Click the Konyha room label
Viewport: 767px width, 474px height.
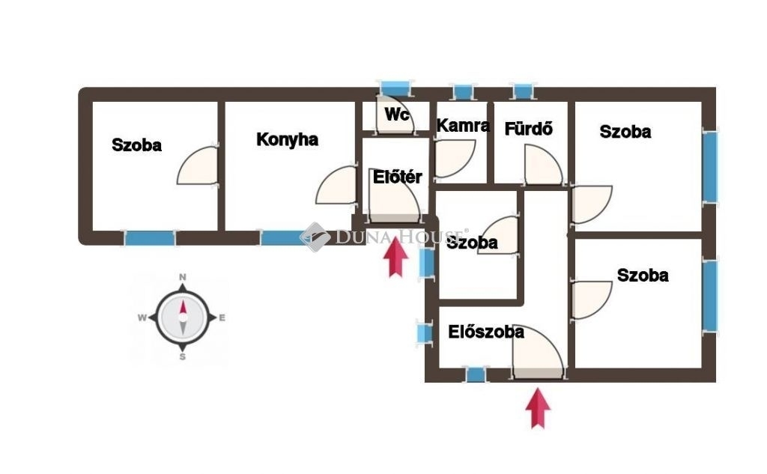287,139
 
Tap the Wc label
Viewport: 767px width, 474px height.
397,115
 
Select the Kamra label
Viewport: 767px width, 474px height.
463,126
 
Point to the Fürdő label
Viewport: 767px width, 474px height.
528,128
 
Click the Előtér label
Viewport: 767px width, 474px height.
398,177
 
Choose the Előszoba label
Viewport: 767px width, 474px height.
486,332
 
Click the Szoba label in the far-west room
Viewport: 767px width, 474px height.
136,145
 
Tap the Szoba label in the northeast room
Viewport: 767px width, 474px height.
625,132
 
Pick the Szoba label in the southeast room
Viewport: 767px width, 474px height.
643,276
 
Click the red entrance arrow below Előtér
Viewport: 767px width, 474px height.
395,258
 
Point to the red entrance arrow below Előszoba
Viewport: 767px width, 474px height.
538,409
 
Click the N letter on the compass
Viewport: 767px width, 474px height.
182,278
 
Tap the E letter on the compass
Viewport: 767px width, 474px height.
222,317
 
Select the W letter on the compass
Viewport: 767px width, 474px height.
142,317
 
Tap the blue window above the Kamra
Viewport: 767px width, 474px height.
464,93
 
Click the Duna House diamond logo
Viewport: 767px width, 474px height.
315,237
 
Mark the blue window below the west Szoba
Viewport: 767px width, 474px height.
149,238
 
